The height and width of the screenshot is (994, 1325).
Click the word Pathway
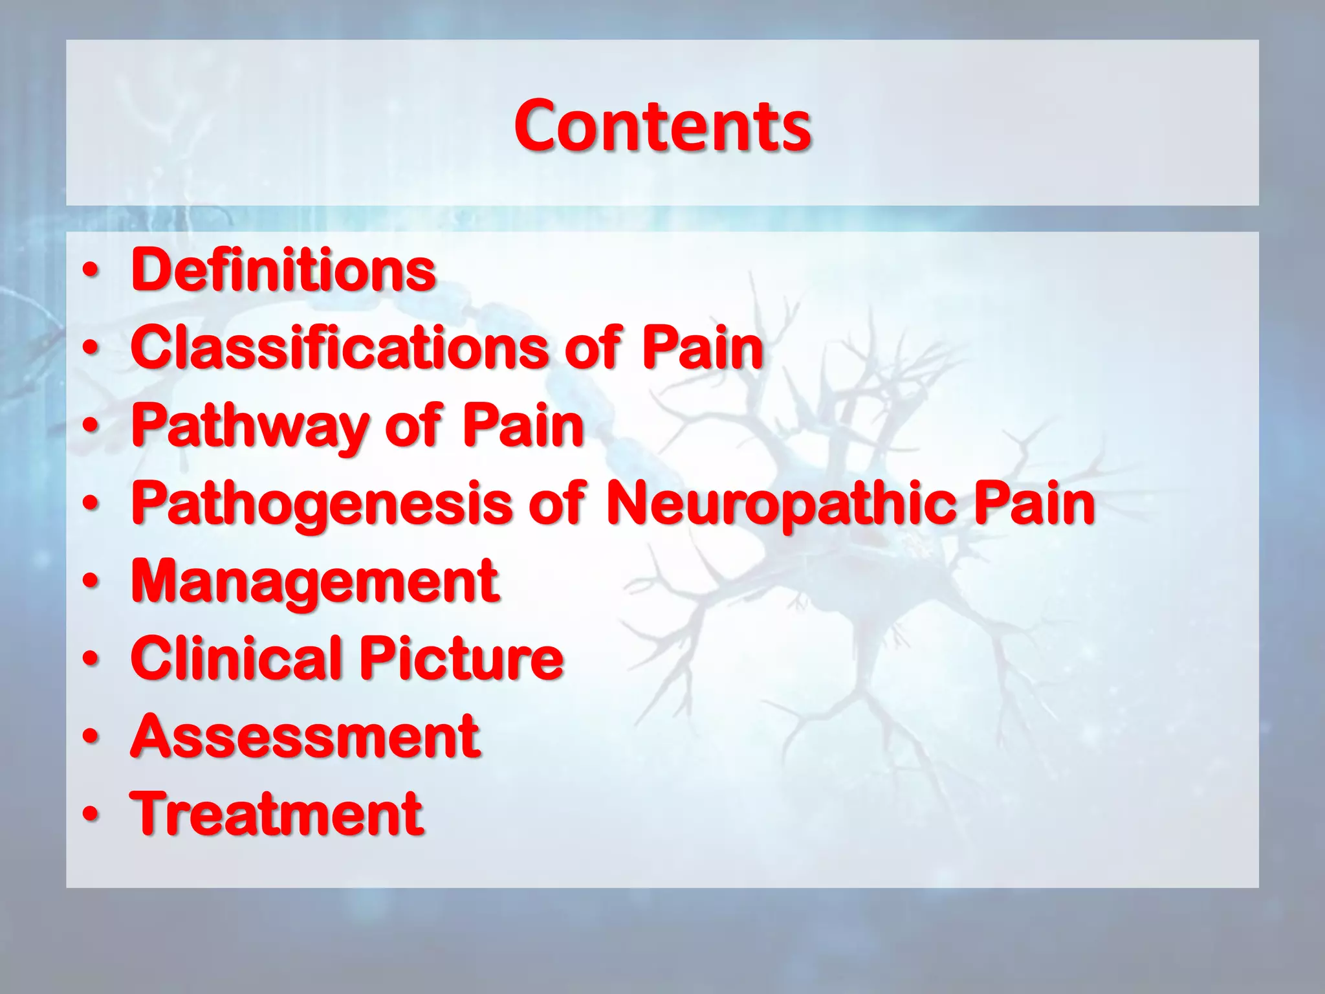pyautogui.click(x=250, y=427)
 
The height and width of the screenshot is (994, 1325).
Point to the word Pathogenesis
pyautogui.click(x=321, y=505)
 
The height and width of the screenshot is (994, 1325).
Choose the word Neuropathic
pyautogui.click(x=780, y=505)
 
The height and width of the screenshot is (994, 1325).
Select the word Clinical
pyautogui.click(x=236, y=658)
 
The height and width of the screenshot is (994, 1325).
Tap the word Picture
pyautogui.click(x=461, y=658)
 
